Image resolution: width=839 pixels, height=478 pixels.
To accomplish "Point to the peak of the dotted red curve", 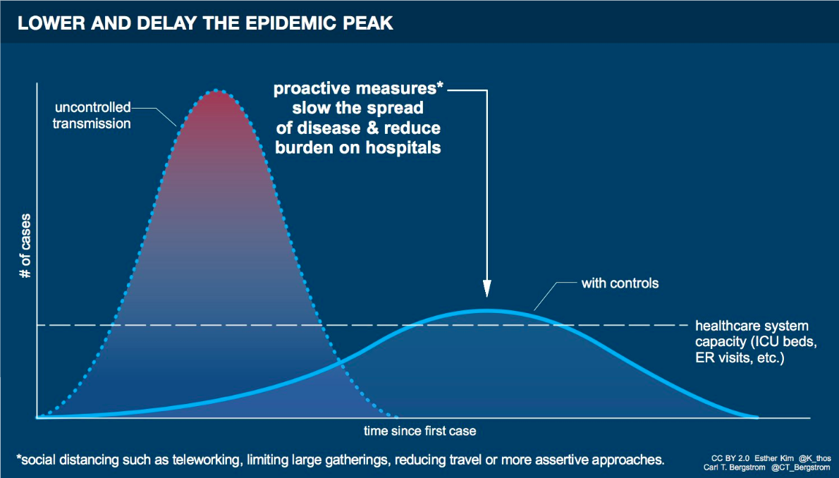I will [x=217, y=90].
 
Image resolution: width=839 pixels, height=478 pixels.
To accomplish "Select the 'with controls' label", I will [x=620, y=283].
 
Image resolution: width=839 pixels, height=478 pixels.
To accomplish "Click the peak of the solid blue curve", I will [x=486, y=310].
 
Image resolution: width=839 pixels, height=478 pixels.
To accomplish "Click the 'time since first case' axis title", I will [x=420, y=430].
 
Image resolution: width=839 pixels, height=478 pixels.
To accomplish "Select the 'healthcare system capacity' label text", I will [x=752, y=342].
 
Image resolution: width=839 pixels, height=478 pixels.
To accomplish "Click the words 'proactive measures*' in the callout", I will [x=359, y=90].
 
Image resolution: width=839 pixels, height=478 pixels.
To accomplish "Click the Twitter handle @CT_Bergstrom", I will [x=800, y=467].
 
